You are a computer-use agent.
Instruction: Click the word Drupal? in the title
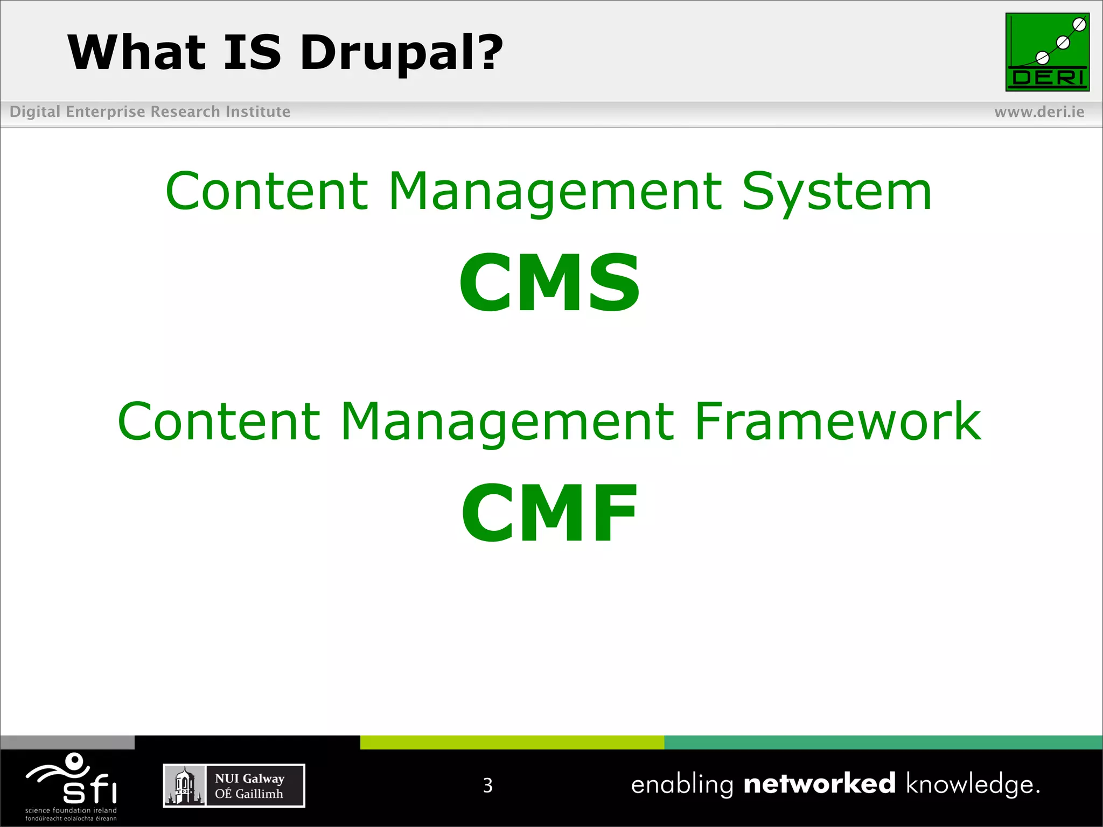click(401, 53)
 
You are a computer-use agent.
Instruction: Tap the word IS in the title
click(252, 53)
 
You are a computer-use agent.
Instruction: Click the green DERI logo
click(1047, 52)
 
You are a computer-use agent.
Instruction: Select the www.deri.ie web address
click(1039, 112)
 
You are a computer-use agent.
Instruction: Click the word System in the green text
click(836, 192)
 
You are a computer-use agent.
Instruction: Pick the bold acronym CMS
click(549, 283)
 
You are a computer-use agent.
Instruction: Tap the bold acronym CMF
click(549, 514)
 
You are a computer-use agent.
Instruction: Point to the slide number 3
click(487, 786)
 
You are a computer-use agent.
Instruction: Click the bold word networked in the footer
click(819, 783)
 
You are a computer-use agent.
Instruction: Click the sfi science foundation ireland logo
click(72, 786)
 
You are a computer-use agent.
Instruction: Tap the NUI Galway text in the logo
click(249, 779)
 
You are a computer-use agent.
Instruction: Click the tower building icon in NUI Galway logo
click(184, 786)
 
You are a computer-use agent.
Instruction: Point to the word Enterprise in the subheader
click(106, 112)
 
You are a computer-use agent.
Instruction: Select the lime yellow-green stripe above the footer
click(512, 742)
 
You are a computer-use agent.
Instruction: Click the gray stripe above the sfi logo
click(67, 742)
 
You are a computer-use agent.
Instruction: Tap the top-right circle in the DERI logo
click(1079, 25)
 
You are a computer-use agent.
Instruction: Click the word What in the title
click(137, 53)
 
